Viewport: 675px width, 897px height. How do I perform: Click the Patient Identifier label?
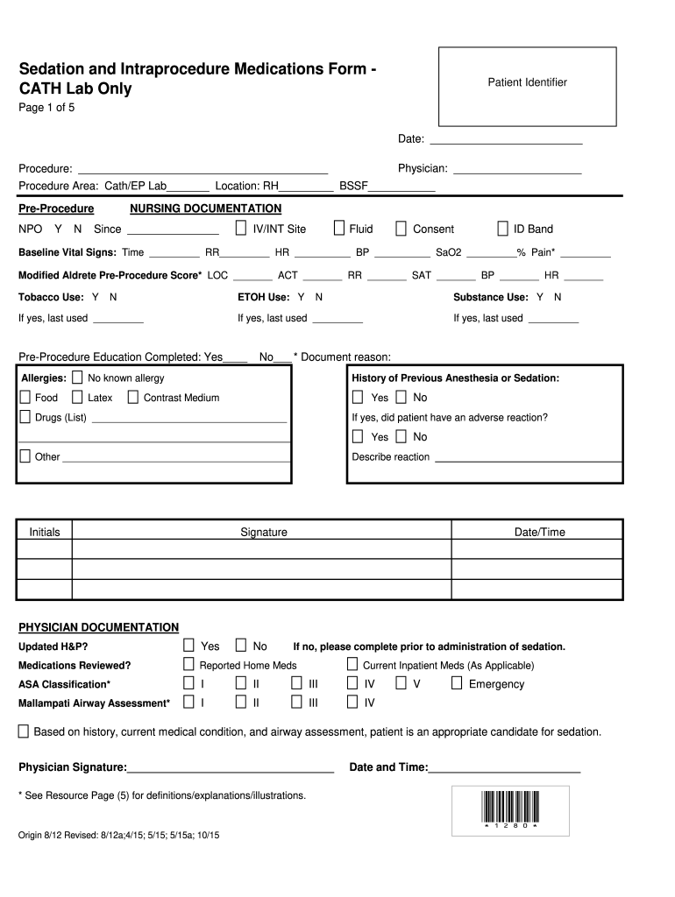[x=527, y=82]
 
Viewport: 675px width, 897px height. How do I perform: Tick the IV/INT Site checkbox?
[x=241, y=229]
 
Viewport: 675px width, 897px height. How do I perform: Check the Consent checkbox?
[x=401, y=229]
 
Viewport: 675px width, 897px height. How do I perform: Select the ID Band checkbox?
[x=502, y=229]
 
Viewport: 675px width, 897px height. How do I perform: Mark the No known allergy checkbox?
[x=77, y=378]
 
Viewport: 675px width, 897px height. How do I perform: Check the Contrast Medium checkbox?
[x=132, y=398]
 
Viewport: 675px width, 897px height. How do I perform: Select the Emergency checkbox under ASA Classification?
[x=456, y=683]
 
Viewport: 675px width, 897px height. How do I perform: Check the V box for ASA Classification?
[x=401, y=683]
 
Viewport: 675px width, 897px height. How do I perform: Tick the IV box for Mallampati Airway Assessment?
[x=352, y=703]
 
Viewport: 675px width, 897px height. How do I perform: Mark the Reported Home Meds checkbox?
[x=188, y=665]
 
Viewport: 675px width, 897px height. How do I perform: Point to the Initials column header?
[x=45, y=532]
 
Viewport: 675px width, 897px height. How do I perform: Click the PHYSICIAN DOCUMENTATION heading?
[x=98, y=627]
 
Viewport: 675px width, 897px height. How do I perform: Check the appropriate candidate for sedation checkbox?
[x=24, y=731]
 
